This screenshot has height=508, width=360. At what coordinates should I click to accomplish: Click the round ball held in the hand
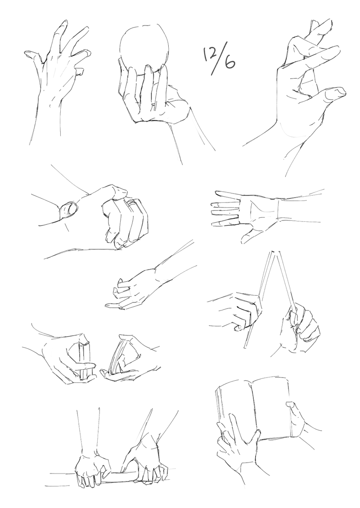(x=144, y=47)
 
